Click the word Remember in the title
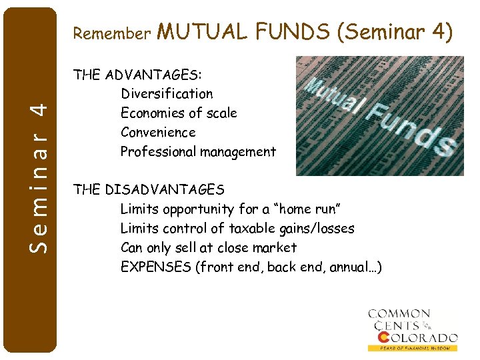pos(112,33)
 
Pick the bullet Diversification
pos(167,94)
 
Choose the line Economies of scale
pos(179,113)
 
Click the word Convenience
pos(158,133)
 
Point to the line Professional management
pos(198,152)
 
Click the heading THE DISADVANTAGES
pos(149,190)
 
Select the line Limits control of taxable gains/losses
pos(237,229)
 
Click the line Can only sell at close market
pos(209,247)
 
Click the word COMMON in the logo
pos(399,313)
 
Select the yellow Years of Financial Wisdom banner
pos(413,348)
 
